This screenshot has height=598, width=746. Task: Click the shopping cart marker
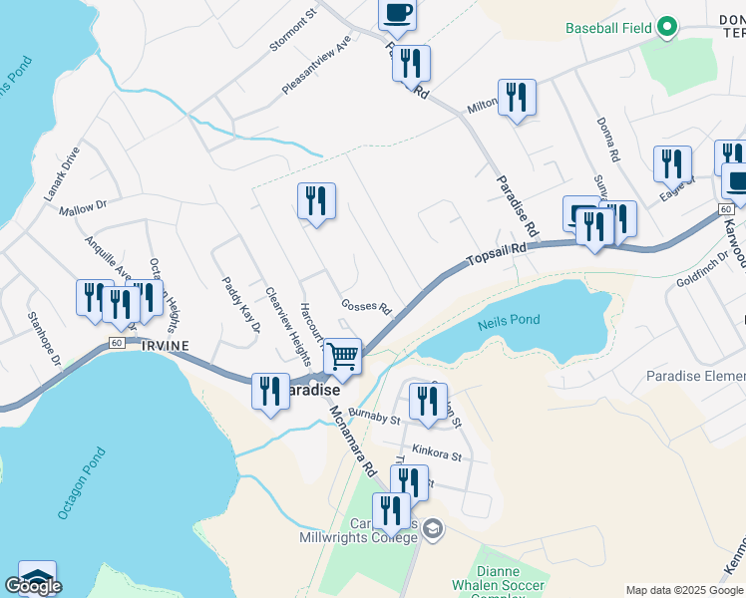click(343, 355)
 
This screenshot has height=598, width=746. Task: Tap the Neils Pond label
click(515, 320)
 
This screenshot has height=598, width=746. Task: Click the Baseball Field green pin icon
click(665, 28)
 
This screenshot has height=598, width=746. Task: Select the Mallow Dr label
click(82, 208)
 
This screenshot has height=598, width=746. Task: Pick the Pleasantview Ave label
click(316, 68)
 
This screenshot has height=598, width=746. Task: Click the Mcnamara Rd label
click(351, 441)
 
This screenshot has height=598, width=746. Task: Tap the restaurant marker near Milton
click(517, 98)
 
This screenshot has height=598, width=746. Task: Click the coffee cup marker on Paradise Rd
click(397, 13)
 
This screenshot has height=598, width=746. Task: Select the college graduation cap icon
click(432, 527)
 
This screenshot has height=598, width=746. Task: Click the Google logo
click(33, 586)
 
